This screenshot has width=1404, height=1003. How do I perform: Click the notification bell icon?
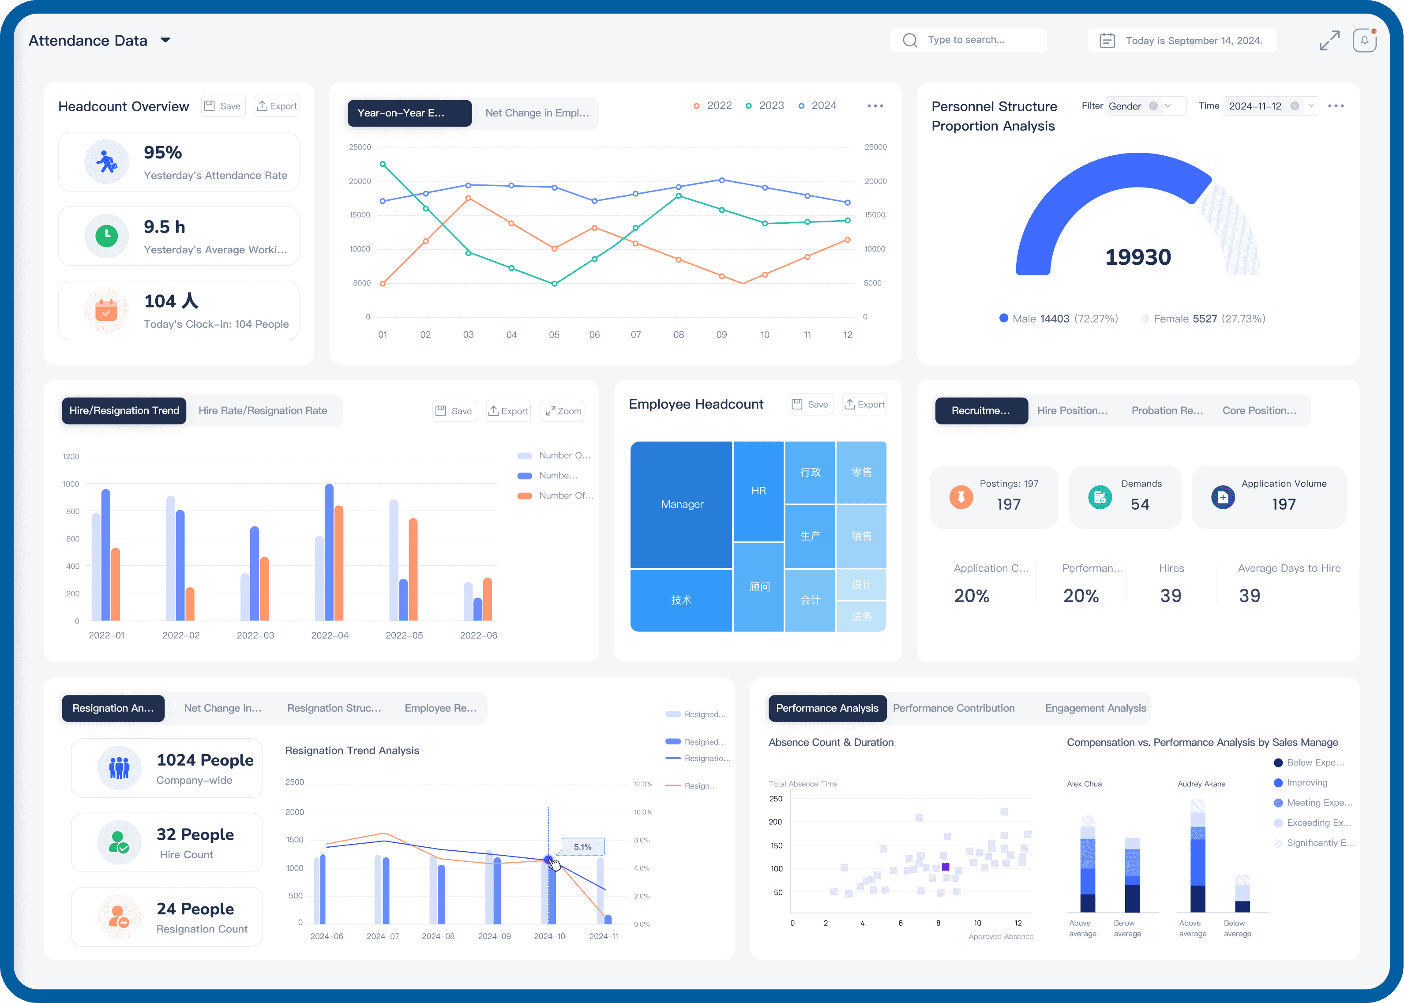[x=1364, y=41]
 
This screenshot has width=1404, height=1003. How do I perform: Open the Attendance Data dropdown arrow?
[x=165, y=40]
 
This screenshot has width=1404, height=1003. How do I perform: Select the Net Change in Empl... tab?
[x=537, y=113]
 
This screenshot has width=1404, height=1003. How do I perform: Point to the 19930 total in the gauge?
[x=1137, y=257]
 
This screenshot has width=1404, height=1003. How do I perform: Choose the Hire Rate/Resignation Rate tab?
[x=263, y=411]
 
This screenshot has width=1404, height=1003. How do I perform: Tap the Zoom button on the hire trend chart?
[x=563, y=411]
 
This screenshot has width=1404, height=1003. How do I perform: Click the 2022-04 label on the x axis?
[x=330, y=635]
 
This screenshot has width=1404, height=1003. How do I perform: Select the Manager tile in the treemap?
[x=682, y=504]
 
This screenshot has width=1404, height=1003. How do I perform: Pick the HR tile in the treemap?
[x=758, y=491]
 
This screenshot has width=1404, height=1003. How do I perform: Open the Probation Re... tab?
[x=1166, y=411]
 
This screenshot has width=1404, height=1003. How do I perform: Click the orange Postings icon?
[x=961, y=497]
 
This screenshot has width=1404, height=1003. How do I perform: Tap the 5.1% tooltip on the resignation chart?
[x=582, y=847]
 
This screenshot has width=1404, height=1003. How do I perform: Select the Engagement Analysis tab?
[x=1095, y=708]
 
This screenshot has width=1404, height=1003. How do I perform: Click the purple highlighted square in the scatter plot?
[x=945, y=867]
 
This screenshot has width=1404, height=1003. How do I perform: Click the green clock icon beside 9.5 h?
[x=107, y=235]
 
